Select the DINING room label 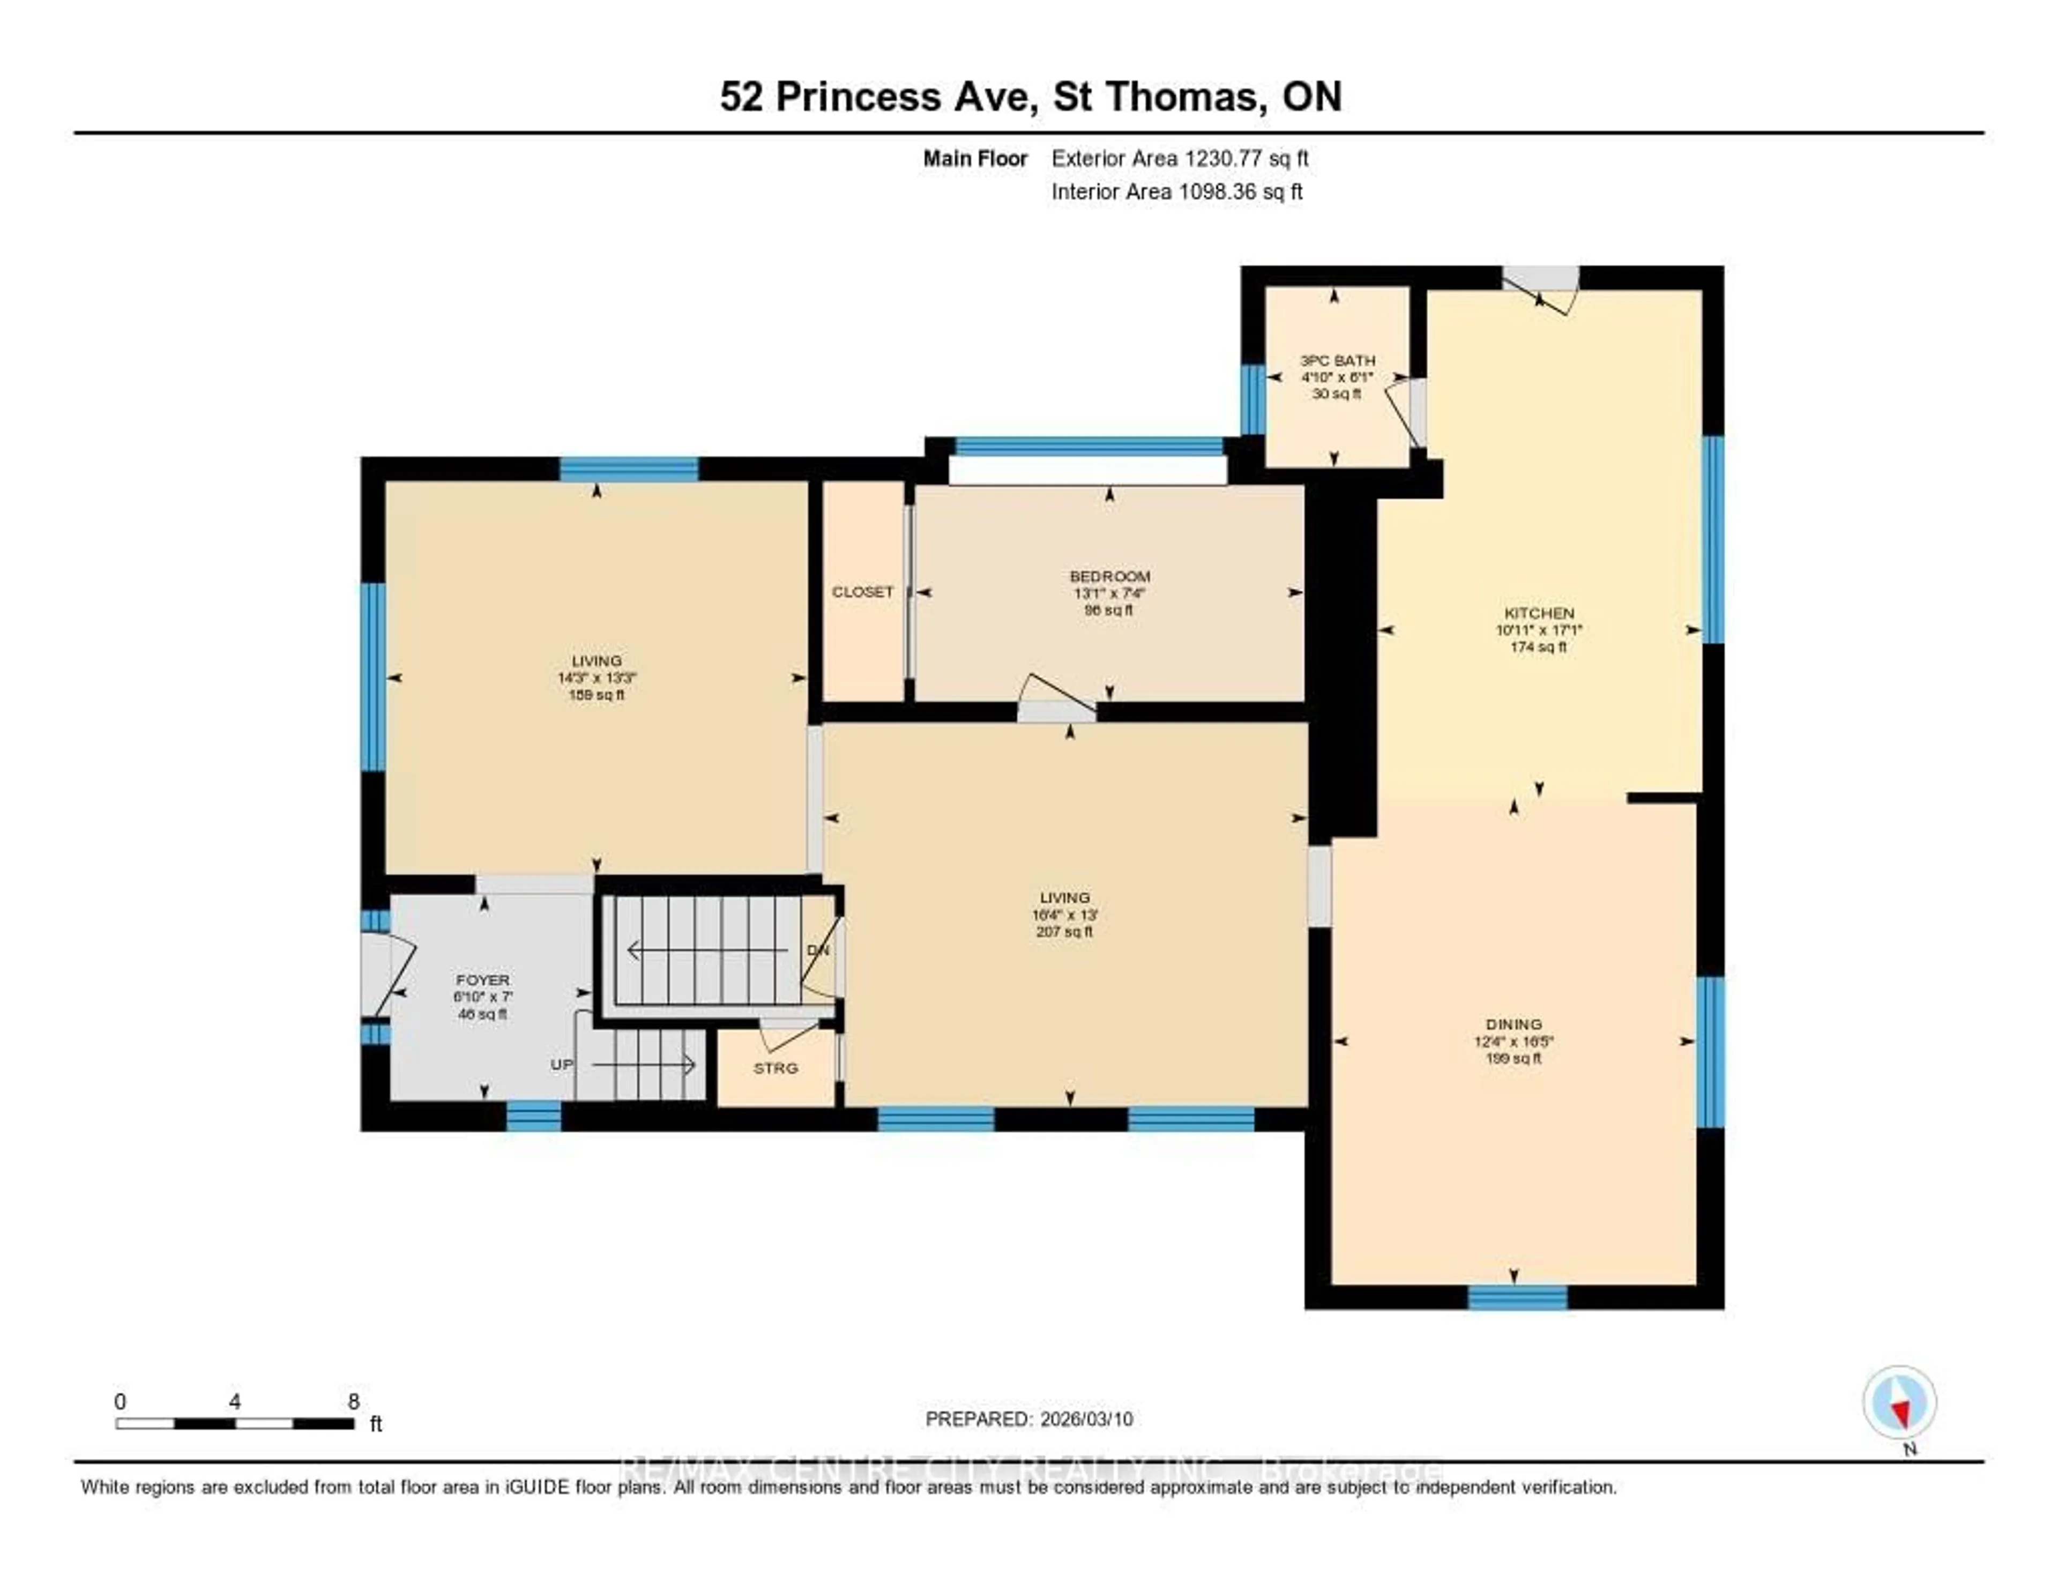(1513, 1023)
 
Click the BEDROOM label (1109, 576)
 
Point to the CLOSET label (862, 592)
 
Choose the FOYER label (482, 980)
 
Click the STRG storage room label (776, 1068)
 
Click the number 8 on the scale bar (353, 1401)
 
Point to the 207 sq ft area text (1064, 931)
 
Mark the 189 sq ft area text (596, 695)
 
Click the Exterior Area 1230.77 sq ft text (1180, 158)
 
